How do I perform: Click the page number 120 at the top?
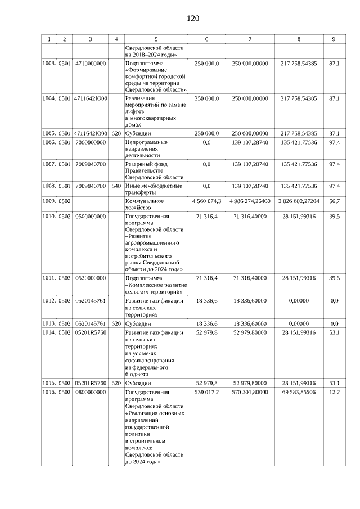click(193, 19)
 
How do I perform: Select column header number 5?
click(156, 39)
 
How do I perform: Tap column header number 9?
click(334, 39)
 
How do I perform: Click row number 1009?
click(50, 201)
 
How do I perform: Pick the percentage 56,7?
click(334, 201)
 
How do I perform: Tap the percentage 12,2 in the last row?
click(334, 392)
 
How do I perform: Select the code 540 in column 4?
click(116, 186)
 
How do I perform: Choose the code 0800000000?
click(91, 392)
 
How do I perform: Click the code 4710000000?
click(91, 65)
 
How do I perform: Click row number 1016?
click(50, 392)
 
